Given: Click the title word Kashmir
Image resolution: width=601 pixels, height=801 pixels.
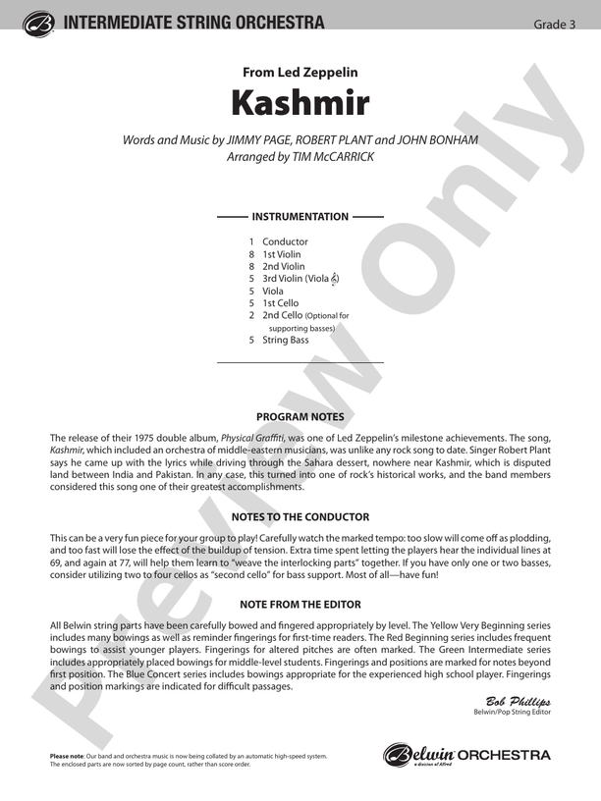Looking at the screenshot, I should pos(300,102).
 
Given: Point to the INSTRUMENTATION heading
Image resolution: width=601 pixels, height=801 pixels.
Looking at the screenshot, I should pos(300,216).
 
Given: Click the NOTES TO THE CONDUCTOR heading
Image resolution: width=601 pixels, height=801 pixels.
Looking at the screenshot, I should pos(300,516).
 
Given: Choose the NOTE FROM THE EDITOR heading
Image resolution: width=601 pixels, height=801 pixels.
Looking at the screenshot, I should pos(300,605).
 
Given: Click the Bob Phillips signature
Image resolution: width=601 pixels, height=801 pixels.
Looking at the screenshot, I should pos(519,700).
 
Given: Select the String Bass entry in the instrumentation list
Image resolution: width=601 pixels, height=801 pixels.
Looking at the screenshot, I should pos(285,340).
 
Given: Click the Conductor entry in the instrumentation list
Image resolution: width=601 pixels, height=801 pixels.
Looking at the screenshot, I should pos(285,241).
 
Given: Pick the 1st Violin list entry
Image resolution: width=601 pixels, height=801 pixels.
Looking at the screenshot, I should pos(281,254).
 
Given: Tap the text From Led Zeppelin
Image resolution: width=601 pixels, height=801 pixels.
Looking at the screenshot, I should pos(300,72).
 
